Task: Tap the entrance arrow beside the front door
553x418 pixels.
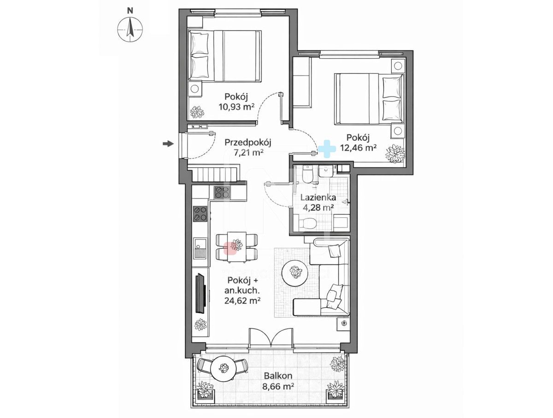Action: point(168,144)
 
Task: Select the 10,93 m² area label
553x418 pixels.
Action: point(236,107)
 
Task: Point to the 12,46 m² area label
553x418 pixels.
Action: point(358,148)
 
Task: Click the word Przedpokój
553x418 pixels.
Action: point(247,143)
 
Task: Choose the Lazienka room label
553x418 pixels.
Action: point(318,197)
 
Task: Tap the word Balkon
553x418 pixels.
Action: point(278,376)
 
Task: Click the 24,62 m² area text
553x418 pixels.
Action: point(242,301)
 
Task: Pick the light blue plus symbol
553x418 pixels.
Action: point(327,149)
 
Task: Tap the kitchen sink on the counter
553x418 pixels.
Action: point(200,248)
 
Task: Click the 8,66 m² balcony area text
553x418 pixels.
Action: point(278,386)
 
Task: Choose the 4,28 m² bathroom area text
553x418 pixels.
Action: point(318,208)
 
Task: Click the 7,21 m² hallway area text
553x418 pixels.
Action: point(248,153)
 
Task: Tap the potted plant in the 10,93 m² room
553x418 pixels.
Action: point(197,112)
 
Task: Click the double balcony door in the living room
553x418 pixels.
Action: point(271,337)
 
